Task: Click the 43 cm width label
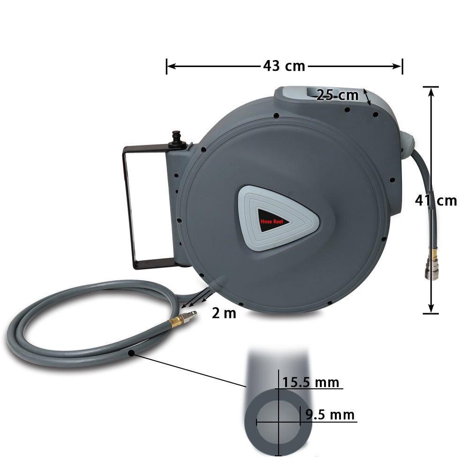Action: (284, 66)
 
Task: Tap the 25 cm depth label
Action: (337, 95)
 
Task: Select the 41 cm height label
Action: (436, 201)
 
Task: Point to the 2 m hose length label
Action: (224, 313)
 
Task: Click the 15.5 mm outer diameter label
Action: (310, 382)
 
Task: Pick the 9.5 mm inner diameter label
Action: (330, 415)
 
